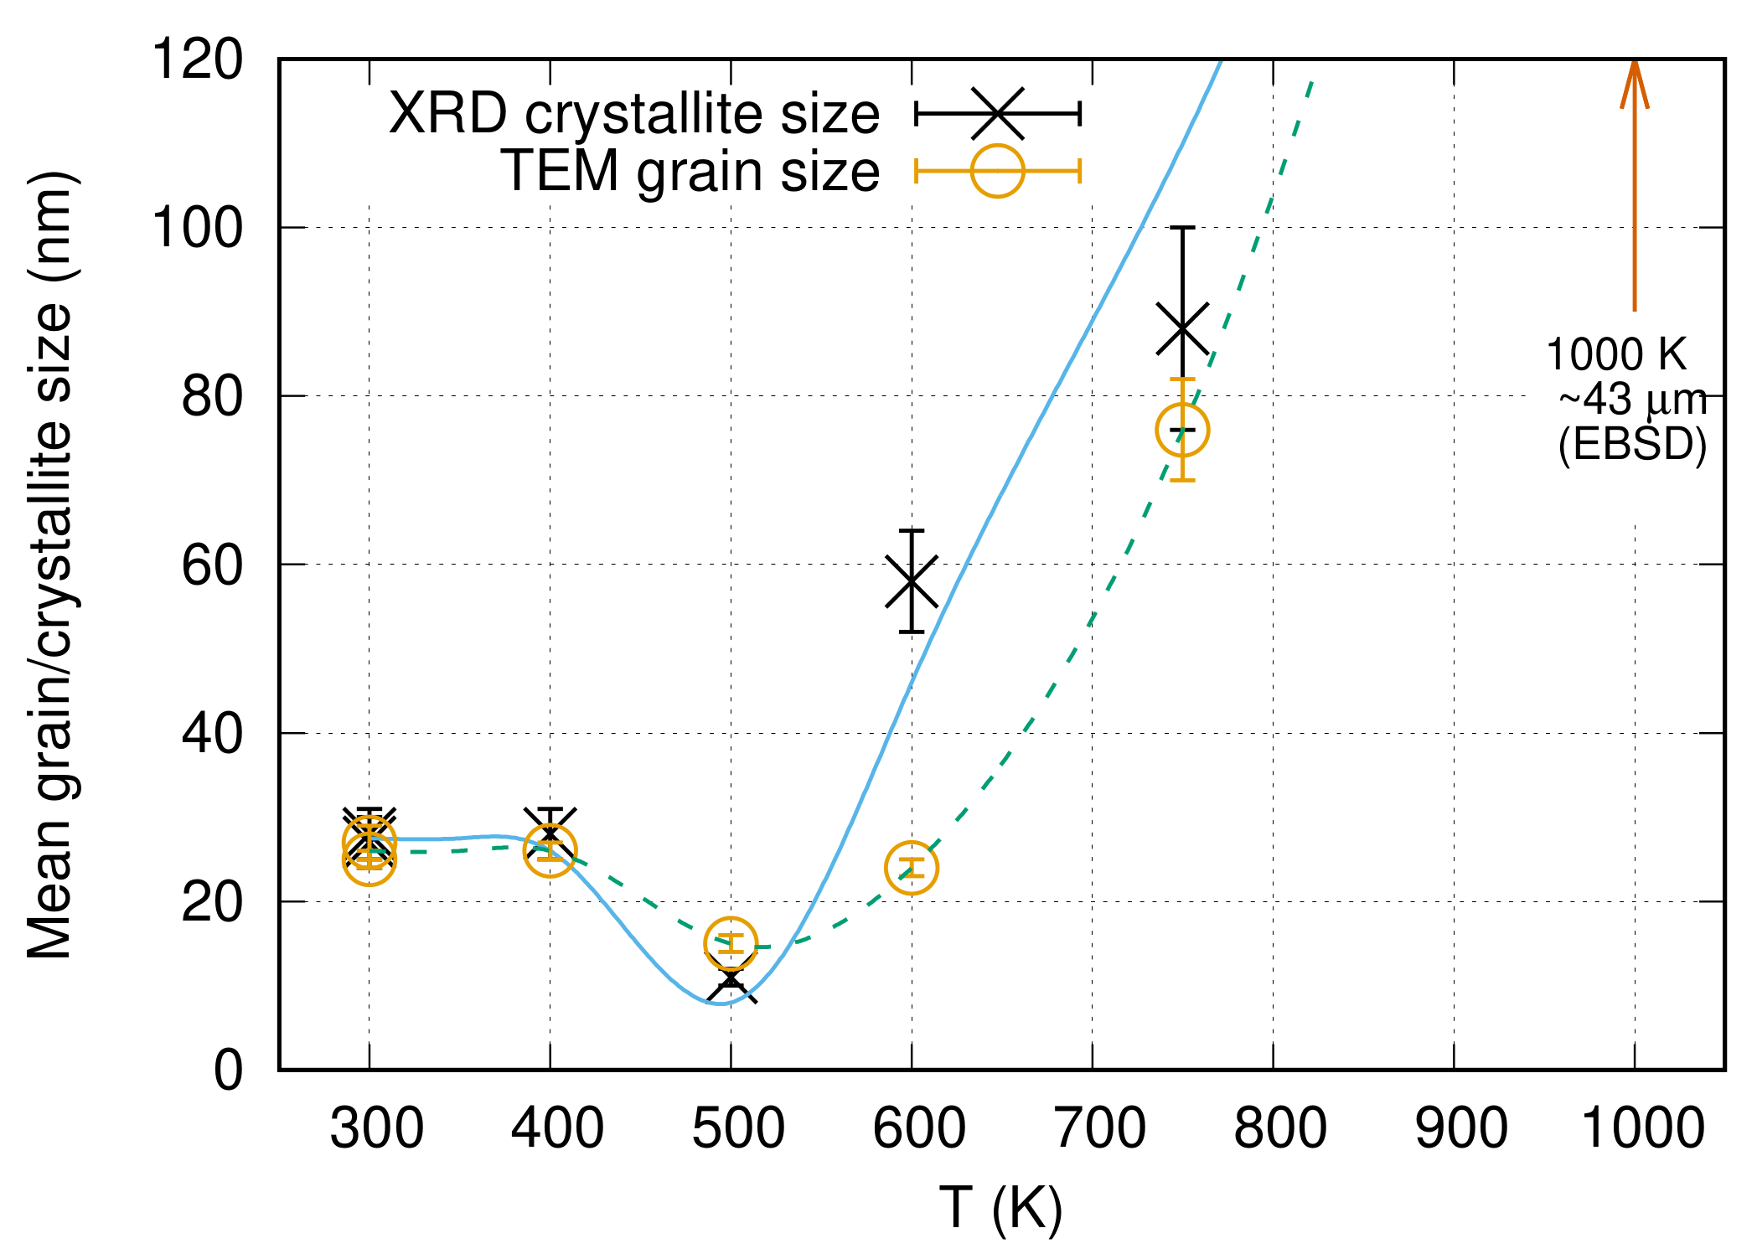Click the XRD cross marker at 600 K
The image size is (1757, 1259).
(x=912, y=581)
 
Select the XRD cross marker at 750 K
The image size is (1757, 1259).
(x=1182, y=328)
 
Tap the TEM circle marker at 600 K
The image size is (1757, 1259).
(x=912, y=867)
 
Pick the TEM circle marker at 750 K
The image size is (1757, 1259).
(x=1182, y=430)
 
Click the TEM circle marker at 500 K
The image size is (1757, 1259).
(x=731, y=943)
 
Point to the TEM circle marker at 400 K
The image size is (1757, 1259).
(x=550, y=850)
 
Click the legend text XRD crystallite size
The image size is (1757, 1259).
(x=634, y=113)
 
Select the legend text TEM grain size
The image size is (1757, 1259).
(x=690, y=171)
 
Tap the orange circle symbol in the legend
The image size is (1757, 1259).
(x=997, y=171)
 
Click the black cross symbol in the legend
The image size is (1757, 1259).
(x=997, y=113)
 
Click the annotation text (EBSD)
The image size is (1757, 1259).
(x=1632, y=444)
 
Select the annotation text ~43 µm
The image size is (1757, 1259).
(x=1632, y=400)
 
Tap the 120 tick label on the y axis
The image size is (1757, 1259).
(x=197, y=59)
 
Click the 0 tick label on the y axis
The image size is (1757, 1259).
(x=228, y=1070)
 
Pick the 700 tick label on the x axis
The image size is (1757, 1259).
(x=1100, y=1128)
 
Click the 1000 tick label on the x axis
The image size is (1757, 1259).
(x=1642, y=1128)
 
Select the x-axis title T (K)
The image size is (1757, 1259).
(x=1000, y=1208)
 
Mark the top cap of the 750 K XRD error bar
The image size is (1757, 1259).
(x=1182, y=228)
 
